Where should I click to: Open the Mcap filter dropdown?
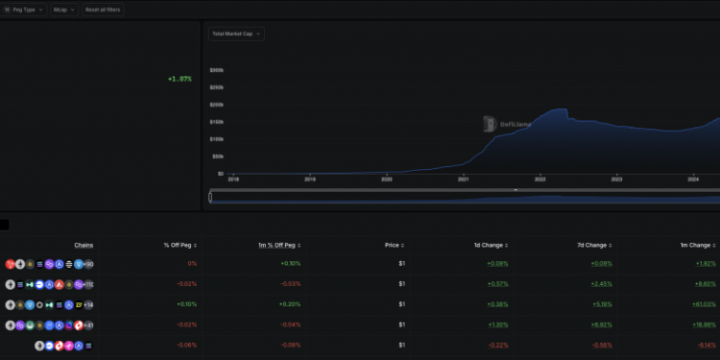(62, 9)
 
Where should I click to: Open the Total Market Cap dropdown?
(236, 34)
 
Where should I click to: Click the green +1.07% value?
(180, 79)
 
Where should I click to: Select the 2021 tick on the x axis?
(464, 179)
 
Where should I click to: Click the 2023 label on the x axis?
(617, 179)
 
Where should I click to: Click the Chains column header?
(84, 245)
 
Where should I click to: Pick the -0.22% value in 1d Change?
(497, 345)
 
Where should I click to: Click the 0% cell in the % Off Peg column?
(192, 263)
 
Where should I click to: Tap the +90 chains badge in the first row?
(88, 263)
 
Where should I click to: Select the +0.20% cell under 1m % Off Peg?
(290, 304)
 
